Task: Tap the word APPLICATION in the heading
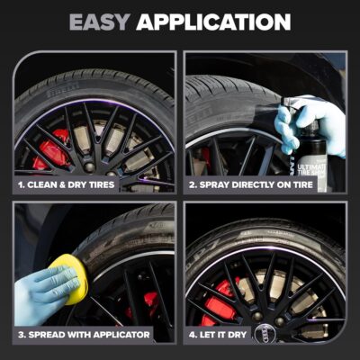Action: click(x=219, y=22)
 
